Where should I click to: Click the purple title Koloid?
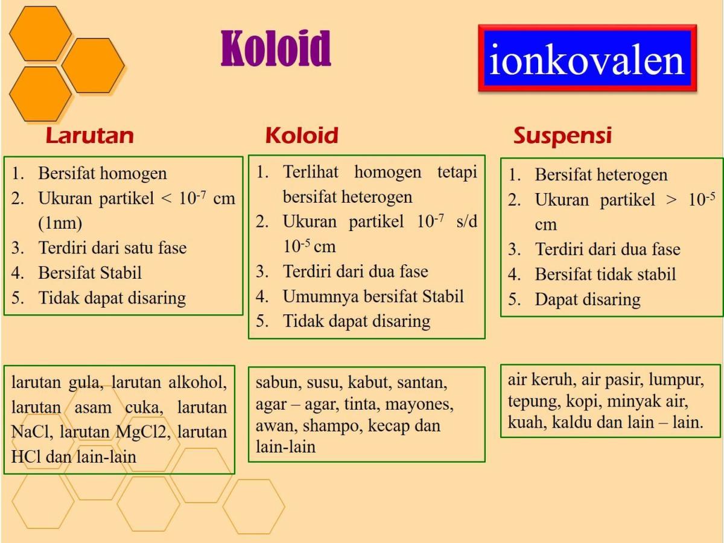pyautogui.click(x=276, y=48)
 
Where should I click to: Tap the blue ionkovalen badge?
pyautogui.click(x=587, y=59)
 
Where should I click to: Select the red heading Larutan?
pyautogui.click(x=89, y=135)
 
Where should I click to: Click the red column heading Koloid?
pyautogui.click(x=301, y=135)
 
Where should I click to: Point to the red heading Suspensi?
pyautogui.click(x=562, y=135)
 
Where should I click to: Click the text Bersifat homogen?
pyautogui.click(x=103, y=174)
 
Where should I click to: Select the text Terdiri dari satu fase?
pyautogui.click(x=112, y=247)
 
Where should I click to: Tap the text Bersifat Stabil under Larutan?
pyautogui.click(x=90, y=273)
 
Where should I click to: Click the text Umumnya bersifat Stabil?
pyautogui.click(x=373, y=296)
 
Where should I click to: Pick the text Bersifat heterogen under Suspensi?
pyautogui.click(x=601, y=175)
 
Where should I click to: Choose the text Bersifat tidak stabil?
pyautogui.click(x=605, y=275)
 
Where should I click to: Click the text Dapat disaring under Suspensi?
pyautogui.click(x=587, y=299)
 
